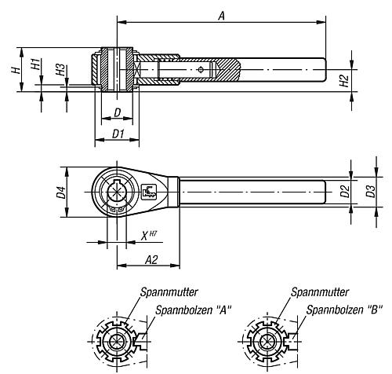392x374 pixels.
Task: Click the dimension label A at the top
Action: tap(221, 16)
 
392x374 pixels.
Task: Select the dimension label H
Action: tap(16, 70)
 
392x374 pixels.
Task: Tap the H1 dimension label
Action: tap(35, 64)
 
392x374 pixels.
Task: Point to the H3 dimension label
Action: tap(60, 70)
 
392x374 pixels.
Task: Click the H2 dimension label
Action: tap(344, 81)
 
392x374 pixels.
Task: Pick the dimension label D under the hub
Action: tap(118, 112)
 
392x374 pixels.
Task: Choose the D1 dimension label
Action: tap(118, 134)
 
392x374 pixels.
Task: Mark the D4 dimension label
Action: tap(61, 192)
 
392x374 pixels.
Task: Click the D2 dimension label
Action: tap(345, 191)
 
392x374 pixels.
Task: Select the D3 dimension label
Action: tap(370, 191)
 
